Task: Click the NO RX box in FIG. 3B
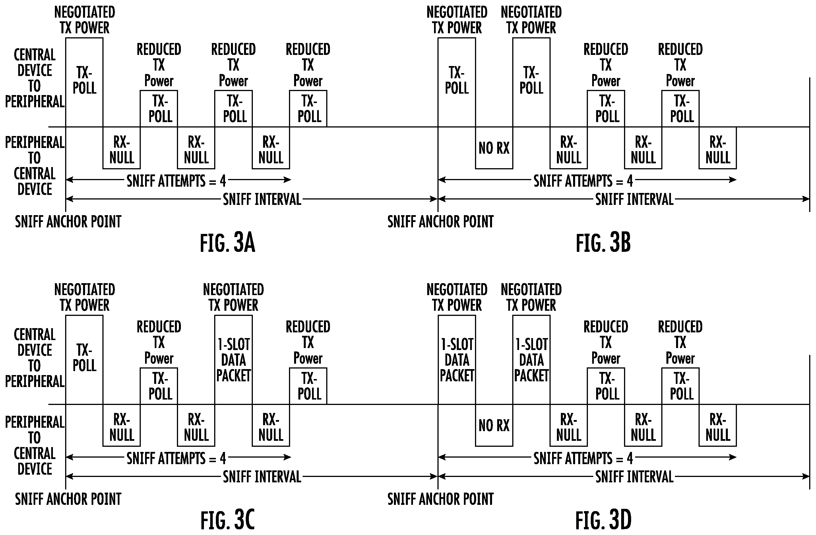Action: pyautogui.click(x=494, y=148)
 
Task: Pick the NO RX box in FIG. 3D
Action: pyautogui.click(x=494, y=425)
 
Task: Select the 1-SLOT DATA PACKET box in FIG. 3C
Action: pyautogui.click(x=234, y=360)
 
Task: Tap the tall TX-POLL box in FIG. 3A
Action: pyautogui.click(x=84, y=82)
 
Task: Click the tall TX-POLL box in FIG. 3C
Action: pyautogui.click(x=84, y=360)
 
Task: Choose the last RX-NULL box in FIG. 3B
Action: pyautogui.click(x=718, y=148)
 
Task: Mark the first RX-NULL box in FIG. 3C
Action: pyautogui.click(x=122, y=425)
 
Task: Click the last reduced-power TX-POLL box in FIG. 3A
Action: pyautogui.click(x=308, y=109)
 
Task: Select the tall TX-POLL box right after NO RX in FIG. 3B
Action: pyautogui.click(x=531, y=82)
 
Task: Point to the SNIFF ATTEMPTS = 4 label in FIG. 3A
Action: pyautogui.click(x=177, y=181)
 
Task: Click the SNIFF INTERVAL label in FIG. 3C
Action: pyautogui.click(x=262, y=477)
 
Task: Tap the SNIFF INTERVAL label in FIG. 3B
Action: pyautogui.click(x=635, y=199)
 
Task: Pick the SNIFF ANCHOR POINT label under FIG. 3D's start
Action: pyautogui.click(x=441, y=499)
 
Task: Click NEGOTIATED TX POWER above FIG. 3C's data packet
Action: pyautogui.click(x=234, y=297)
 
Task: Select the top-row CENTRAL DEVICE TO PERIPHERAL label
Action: pyautogui.click(x=35, y=78)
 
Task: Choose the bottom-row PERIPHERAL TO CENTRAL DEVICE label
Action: pyautogui.click(x=35, y=445)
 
